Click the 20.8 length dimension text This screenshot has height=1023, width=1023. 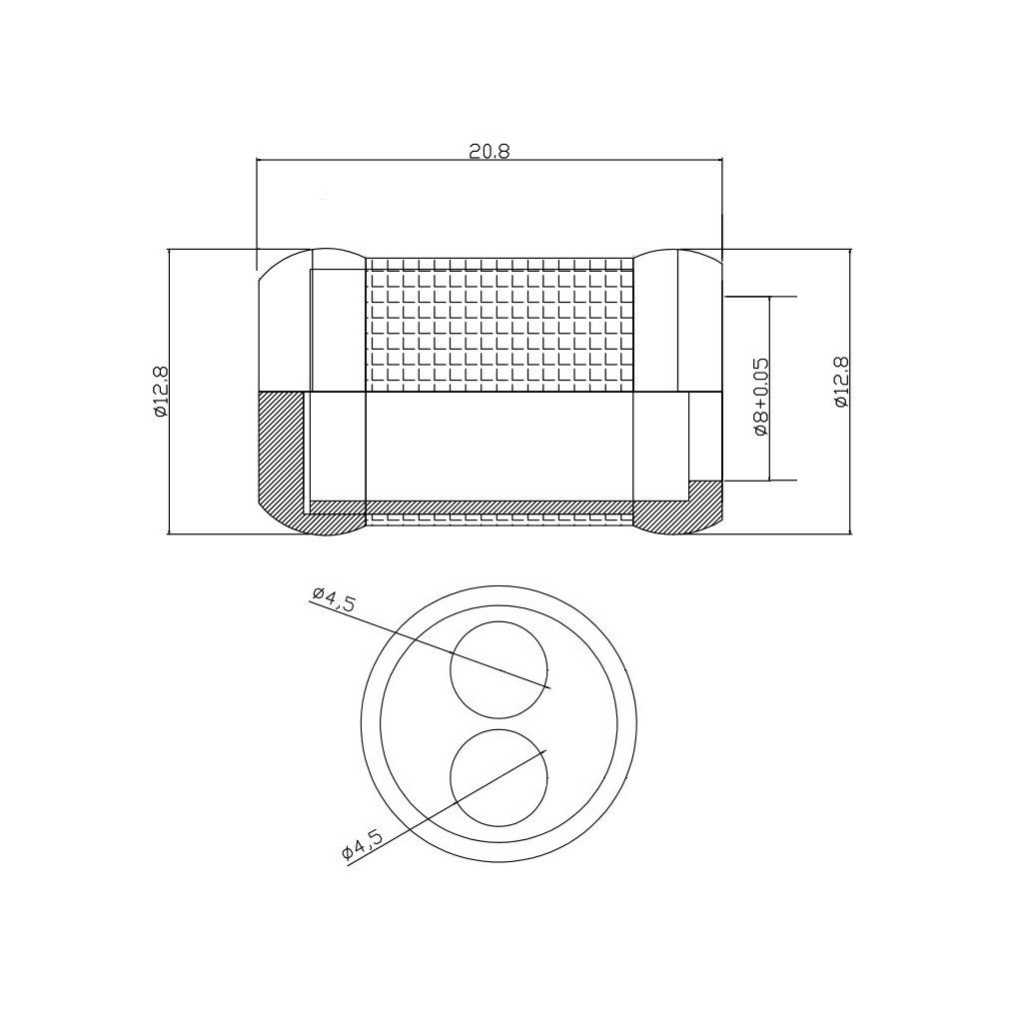point(490,151)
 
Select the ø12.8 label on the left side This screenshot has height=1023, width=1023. point(161,392)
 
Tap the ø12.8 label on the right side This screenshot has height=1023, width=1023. point(841,382)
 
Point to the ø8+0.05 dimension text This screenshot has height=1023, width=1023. point(760,396)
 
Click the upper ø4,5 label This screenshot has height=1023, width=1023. point(334,599)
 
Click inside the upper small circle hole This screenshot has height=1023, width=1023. point(500,670)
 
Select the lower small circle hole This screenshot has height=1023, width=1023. point(500,777)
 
